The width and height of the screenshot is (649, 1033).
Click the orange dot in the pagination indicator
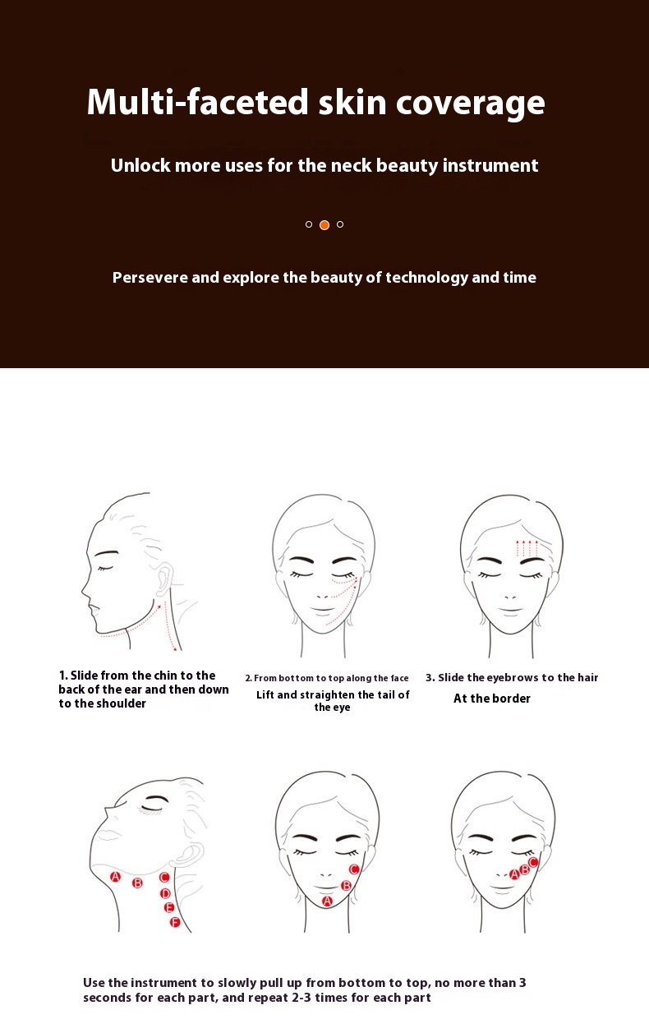(324, 225)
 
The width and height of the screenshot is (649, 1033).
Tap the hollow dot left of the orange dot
(309, 224)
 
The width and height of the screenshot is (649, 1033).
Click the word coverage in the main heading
(471, 104)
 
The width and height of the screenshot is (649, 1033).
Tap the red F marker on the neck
(175, 922)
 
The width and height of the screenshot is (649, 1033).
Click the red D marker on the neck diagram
(165, 893)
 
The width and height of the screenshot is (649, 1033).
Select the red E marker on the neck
(169, 907)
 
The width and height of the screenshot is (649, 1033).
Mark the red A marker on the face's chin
(327, 902)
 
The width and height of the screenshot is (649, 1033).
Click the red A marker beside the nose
(514, 874)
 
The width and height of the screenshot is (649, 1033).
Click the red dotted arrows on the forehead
(527, 549)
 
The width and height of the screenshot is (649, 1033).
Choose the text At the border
(492, 699)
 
